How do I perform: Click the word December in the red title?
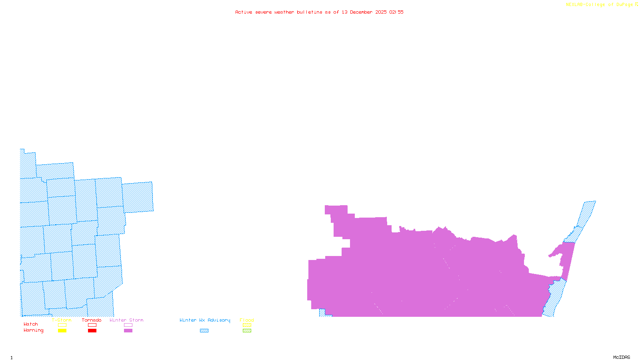tap(361, 12)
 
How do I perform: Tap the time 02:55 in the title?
tap(396, 12)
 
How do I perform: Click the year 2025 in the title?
tap(381, 12)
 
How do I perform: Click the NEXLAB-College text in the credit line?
tap(586, 5)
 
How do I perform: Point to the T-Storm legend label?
tap(62, 320)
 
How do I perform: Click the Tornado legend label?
tap(92, 320)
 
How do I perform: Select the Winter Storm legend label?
tap(126, 320)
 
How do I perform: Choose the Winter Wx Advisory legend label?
tap(205, 320)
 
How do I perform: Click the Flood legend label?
tap(247, 320)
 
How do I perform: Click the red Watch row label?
tap(31, 324)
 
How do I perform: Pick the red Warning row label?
tap(34, 330)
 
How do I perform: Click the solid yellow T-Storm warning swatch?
tap(62, 331)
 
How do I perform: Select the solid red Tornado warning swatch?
tap(92, 331)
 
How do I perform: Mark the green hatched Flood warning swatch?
tap(247, 331)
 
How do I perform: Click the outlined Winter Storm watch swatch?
tap(128, 325)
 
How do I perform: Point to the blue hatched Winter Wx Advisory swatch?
tap(204, 331)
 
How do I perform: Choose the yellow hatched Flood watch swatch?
tap(247, 325)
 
